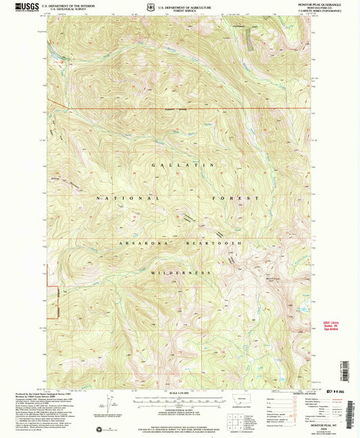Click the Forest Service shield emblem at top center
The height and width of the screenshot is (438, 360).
click(x=150, y=7)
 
